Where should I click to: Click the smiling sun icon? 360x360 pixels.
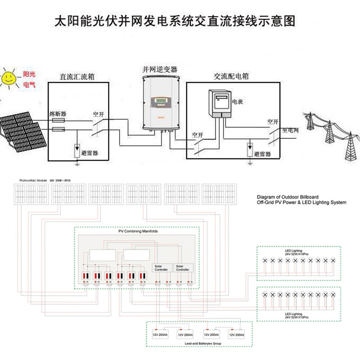[x=8, y=78]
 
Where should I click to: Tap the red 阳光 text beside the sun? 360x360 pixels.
[x=23, y=74]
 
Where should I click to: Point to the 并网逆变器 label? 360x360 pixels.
[x=160, y=70]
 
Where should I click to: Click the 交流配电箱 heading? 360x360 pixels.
[x=231, y=76]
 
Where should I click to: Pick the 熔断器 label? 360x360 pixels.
[x=58, y=113]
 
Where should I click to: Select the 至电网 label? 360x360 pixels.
[x=291, y=130]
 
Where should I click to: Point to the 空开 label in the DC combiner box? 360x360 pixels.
[x=99, y=114]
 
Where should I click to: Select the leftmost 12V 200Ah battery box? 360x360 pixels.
[x=160, y=335]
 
